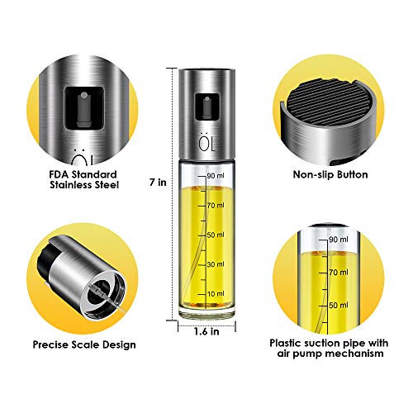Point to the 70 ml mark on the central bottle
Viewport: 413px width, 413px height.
tap(214, 204)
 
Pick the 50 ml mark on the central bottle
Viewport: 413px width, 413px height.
tap(214, 235)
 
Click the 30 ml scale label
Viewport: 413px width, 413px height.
tap(214, 264)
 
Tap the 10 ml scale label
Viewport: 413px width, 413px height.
tap(214, 294)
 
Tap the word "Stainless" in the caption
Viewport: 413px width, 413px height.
tap(69, 186)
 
